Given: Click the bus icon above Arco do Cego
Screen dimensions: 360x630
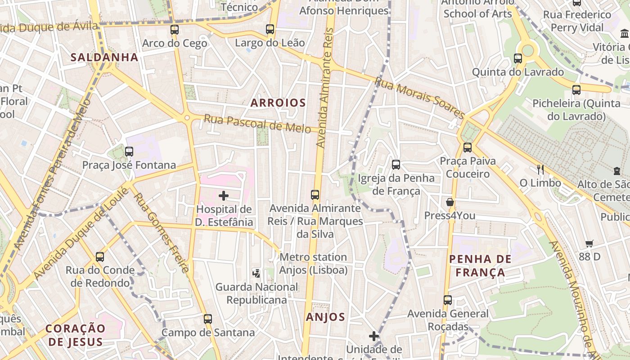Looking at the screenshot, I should pyautogui.click(x=175, y=30).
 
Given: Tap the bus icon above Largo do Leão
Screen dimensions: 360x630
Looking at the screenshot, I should pyautogui.click(x=270, y=29).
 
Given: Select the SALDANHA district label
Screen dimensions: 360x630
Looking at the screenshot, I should pyautogui.click(x=104, y=57).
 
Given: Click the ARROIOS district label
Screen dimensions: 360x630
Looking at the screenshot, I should pyautogui.click(x=278, y=103).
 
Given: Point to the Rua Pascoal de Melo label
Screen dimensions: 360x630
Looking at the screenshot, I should pyautogui.click(x=257, y=123).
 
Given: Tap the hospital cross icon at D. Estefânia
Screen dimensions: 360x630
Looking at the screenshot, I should pyautogui.click(x=224, y=196).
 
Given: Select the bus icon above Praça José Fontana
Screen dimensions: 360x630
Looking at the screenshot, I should pyautogui.click(x=129, y=151).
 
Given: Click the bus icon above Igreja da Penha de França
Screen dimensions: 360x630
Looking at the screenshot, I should pyautogui.click(x=396, y=165).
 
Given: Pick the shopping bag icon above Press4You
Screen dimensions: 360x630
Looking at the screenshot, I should pyautogui.click(x=450, y=202).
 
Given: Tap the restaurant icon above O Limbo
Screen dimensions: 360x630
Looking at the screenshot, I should pyautogui.click(x=540, y=169).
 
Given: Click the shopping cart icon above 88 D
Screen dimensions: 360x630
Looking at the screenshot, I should pyautogui.click(x=589, y=243).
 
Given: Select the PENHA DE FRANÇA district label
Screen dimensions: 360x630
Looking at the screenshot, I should pyautogui.click(x=480, y=265).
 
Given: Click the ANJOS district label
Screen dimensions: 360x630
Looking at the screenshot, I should pyautogui.click(x=325, y=317).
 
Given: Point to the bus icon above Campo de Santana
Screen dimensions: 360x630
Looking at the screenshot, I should pyautogui.click(x=208, y=319).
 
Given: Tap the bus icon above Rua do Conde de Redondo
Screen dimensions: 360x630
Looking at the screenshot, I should pyautogui.click(x=100, y=257).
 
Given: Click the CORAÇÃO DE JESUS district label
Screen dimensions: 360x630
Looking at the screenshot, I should pyautogui.click(x=76, y=334).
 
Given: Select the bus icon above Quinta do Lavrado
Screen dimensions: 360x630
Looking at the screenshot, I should pyautogui.click(x=518, y=58).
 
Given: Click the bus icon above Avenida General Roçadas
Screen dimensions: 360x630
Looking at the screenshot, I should pyautogui.click(x=448, y=300).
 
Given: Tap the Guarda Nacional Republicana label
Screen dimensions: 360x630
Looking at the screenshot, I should pyautogui.click(x=256, y=293).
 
